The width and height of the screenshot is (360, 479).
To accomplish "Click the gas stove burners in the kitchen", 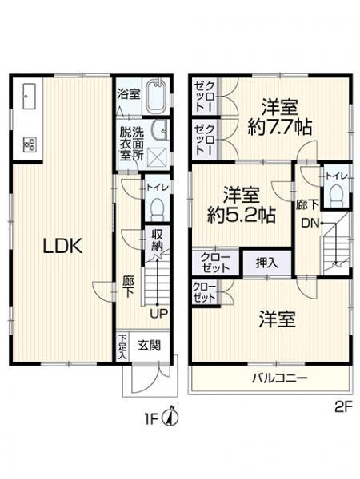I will (x=30, y=144).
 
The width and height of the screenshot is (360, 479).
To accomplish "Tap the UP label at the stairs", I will (x=159, y=312).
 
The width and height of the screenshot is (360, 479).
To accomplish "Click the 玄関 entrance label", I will (x=147, y=346).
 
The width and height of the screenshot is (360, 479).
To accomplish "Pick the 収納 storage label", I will (x=158, y=240).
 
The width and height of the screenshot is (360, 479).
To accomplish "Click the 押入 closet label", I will (x=267, y=261).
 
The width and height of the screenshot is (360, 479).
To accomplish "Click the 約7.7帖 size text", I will (x=279, y=126).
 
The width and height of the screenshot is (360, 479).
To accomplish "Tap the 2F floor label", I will (x=342, y=406).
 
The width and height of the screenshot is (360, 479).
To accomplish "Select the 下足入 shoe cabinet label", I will (x=122, y=346).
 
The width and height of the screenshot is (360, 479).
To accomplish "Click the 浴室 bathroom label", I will (x=130, y=93).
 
